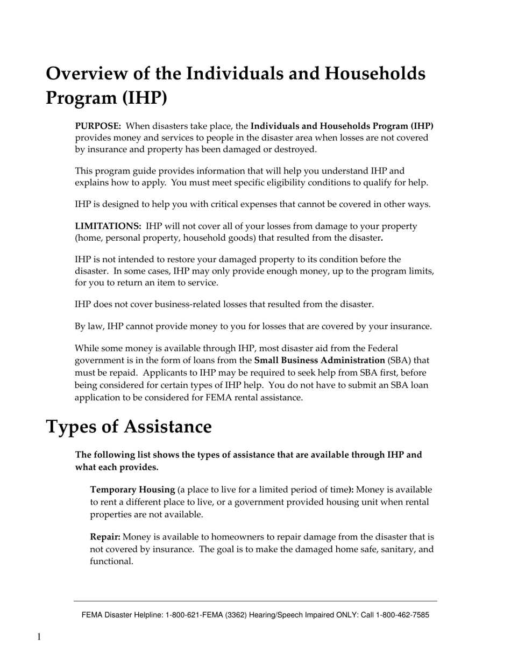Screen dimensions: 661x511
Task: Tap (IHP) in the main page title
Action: pos(141,98)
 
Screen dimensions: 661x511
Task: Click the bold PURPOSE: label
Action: pos(98,126)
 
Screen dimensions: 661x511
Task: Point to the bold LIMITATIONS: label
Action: pos(108,226)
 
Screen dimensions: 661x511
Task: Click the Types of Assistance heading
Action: pos(129,427)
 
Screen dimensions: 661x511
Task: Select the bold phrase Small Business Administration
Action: pos(320,360)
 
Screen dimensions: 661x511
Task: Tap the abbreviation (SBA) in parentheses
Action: pos(399,360)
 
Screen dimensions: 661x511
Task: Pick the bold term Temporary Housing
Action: pos(132,490)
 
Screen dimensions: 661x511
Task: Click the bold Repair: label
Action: pos(105,537)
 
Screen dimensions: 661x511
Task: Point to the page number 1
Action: pos(39,637)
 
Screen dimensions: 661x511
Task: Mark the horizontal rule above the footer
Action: pos(256,601)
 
